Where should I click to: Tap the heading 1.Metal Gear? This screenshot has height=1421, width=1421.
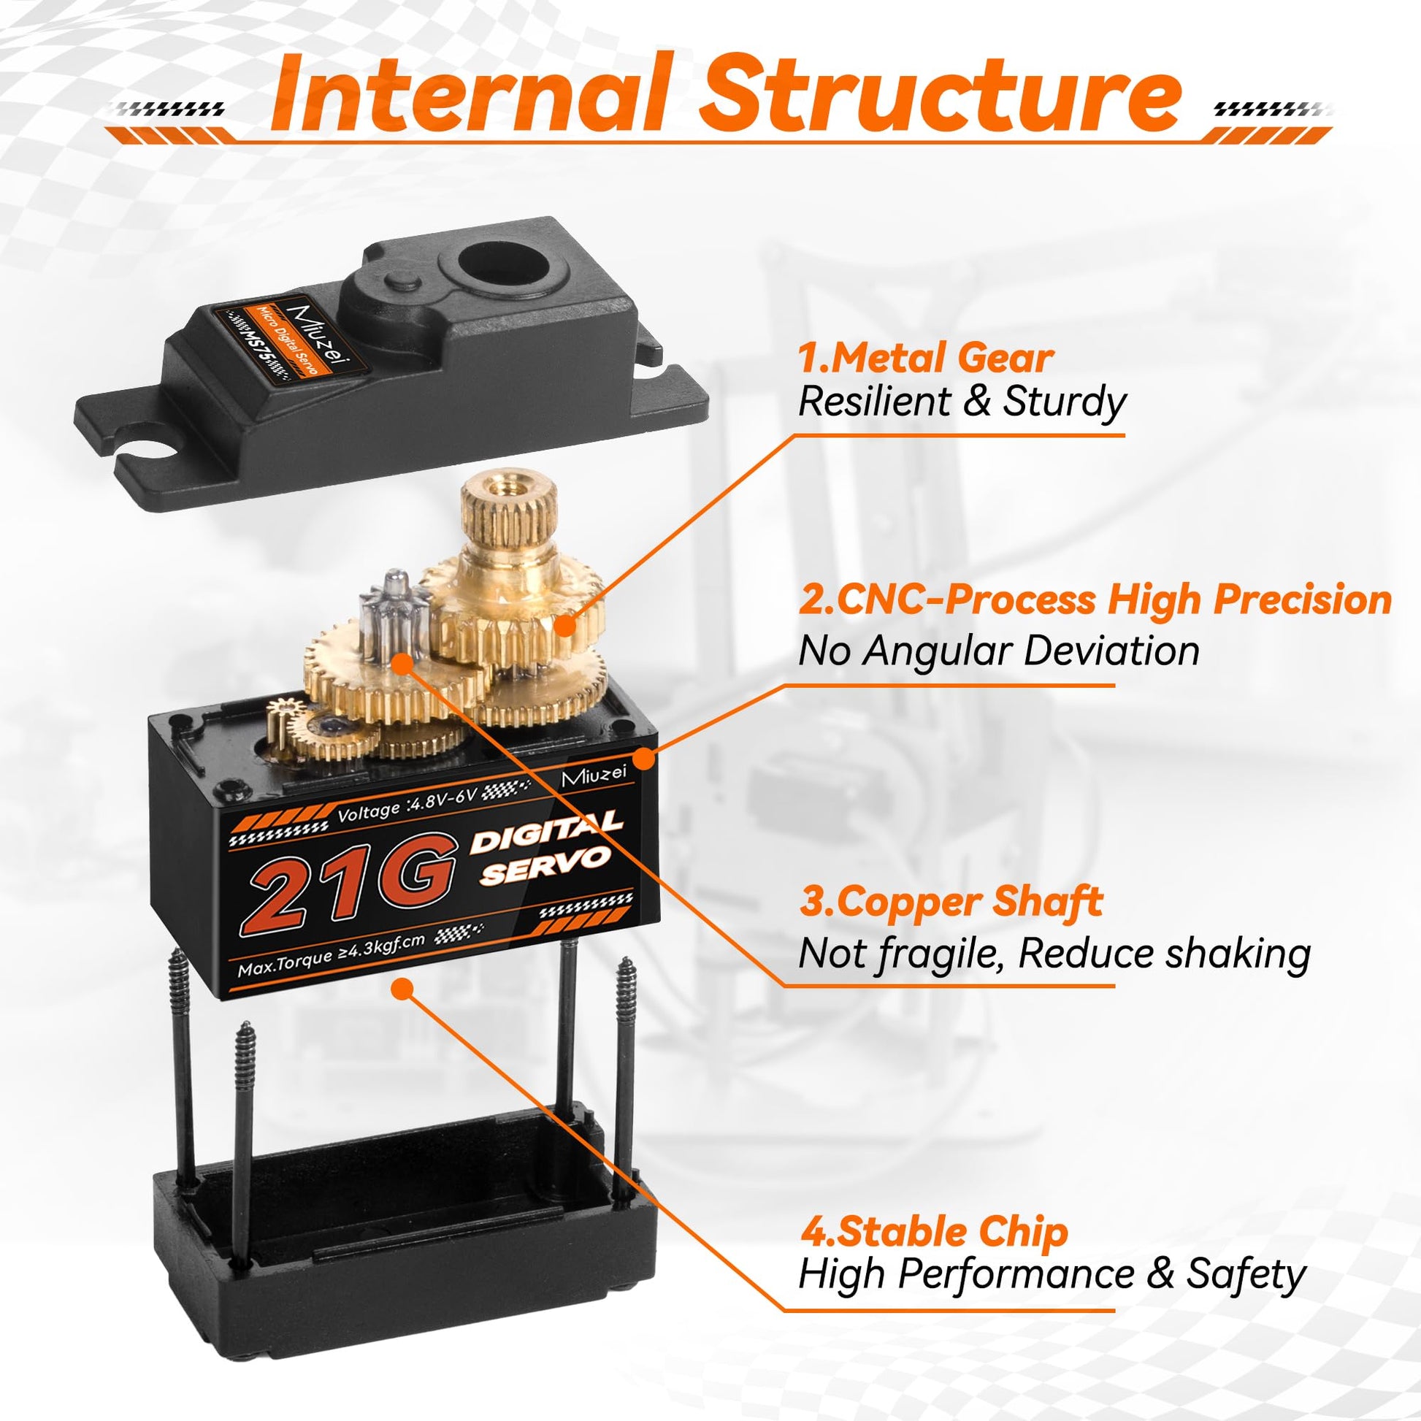pos(926,359)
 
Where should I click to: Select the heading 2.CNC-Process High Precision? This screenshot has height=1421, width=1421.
pos(1095,600)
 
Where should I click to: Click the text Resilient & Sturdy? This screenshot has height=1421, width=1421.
pos(962,403)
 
